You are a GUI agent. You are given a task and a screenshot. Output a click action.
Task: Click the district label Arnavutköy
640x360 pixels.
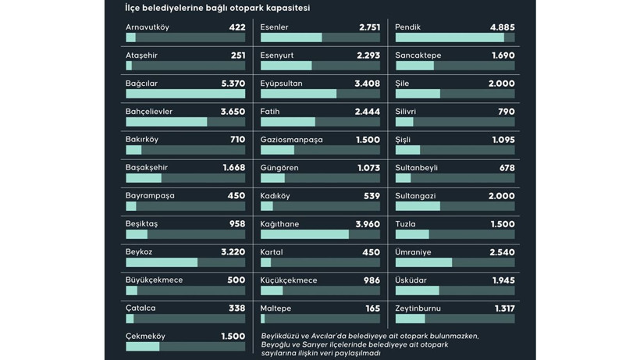tap(148, 27)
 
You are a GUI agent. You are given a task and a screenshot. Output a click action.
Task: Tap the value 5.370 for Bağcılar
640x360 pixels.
tap(233, 84)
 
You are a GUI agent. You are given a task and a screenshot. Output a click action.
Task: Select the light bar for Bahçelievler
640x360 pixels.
tap(166, 122)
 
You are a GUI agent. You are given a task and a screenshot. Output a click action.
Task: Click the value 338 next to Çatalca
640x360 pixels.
tap(236, 308)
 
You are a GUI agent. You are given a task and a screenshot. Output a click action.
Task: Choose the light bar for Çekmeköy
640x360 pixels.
tap(142, 347)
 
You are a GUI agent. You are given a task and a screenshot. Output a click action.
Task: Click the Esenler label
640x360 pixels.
tap(275, 27)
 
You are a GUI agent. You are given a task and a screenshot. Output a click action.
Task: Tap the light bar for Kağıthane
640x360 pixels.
tap(304, 234)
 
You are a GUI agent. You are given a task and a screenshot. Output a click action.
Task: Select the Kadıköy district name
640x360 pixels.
tap(276, 196)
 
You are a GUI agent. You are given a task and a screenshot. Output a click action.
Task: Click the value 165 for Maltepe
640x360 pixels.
tap(372, 308)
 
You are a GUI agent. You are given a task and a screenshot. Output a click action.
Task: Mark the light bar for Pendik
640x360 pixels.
tap(450, 37)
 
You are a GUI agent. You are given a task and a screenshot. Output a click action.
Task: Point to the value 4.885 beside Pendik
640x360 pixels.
tap(502, 27)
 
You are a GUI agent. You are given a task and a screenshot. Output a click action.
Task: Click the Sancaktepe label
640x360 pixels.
tap(418, 55)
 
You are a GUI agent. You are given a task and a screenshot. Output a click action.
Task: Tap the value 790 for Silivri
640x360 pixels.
tap(506, 112)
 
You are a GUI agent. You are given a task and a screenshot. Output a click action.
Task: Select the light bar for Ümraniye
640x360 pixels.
tap(424, 262)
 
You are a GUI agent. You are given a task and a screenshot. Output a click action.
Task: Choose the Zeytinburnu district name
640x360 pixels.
tap(418, 308)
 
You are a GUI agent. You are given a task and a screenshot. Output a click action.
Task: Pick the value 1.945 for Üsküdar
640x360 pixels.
tap(503, 280)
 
